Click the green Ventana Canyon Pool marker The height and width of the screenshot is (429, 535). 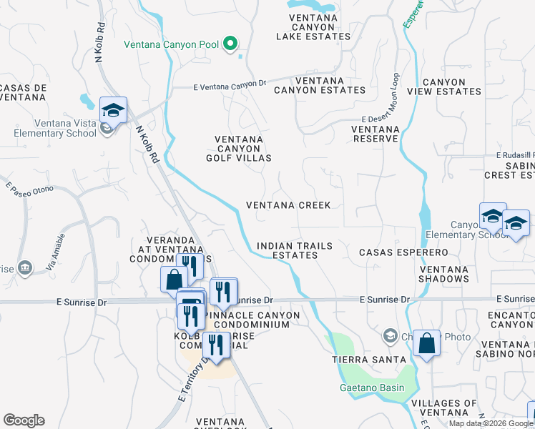tap(230, 44)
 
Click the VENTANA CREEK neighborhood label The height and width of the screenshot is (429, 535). tap(288, 205)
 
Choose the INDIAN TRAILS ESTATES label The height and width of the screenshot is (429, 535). tap(294, 250)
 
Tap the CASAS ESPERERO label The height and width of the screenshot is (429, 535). tap(403, 252)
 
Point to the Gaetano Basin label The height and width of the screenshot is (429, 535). tap(371, 388)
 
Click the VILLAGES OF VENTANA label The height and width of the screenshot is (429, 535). tap(444, 408)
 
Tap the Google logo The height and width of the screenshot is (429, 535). tap(24, 420)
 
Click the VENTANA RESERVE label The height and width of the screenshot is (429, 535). tap(374, 133)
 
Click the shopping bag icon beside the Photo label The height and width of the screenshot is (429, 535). tap(426, 343)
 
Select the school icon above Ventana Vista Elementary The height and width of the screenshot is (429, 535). tap(113, 109)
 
